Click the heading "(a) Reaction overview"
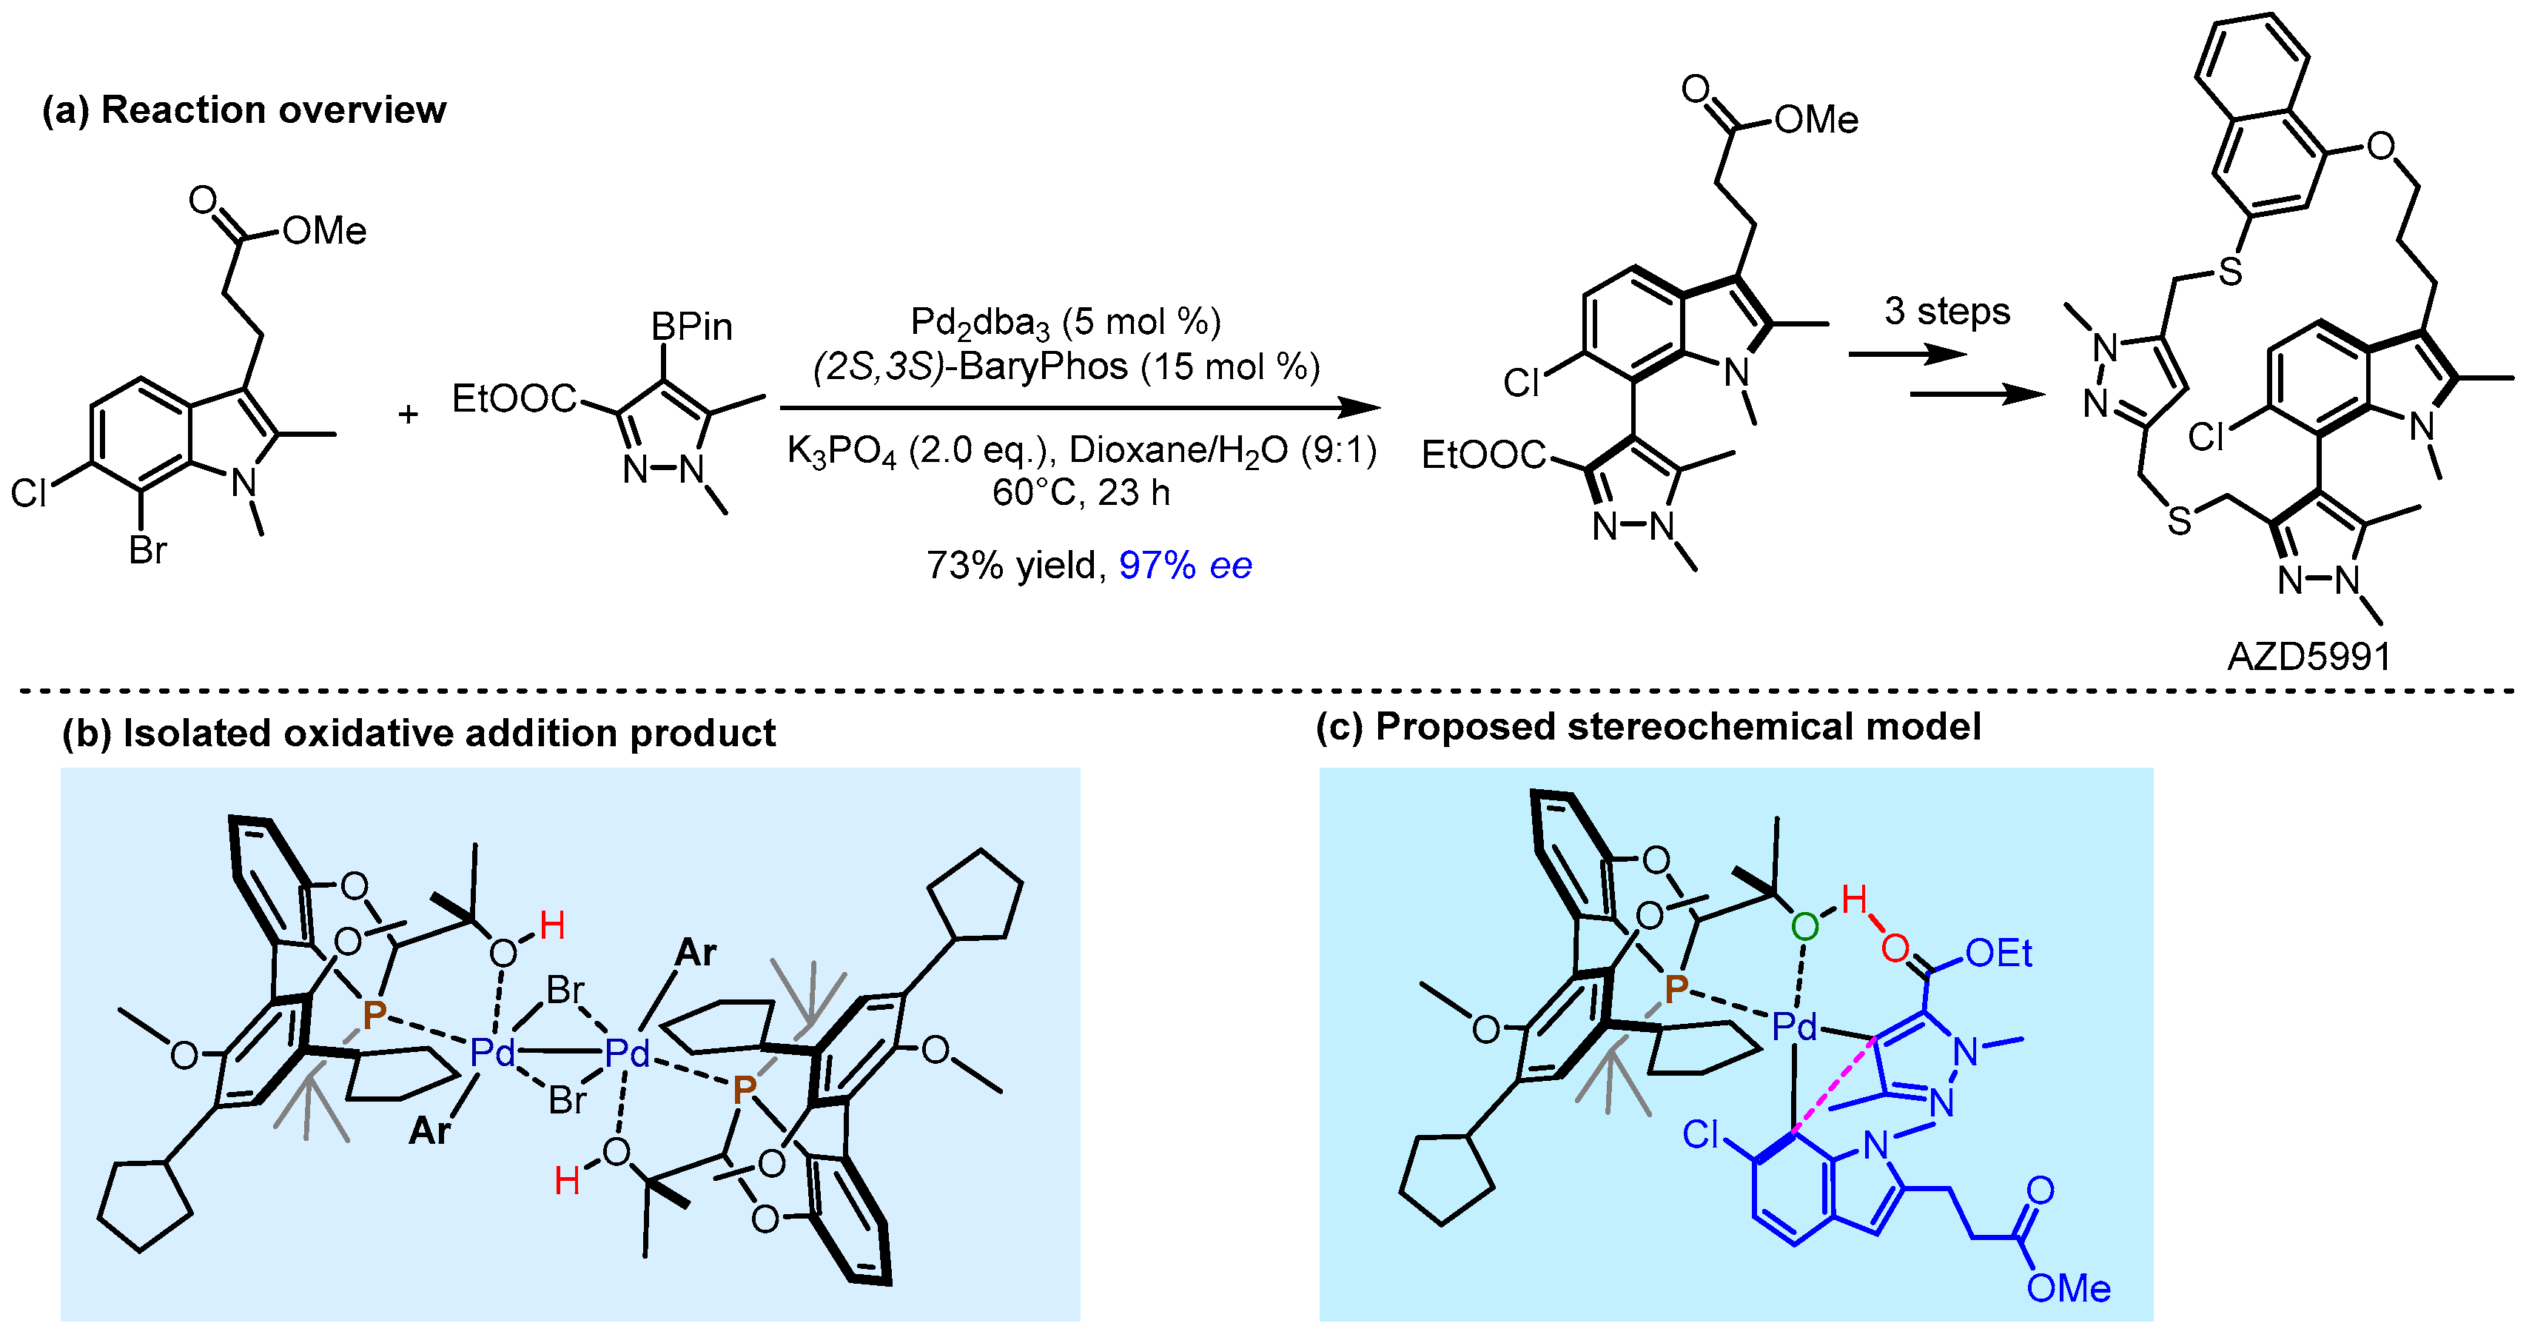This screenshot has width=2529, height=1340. [x=244, y=110]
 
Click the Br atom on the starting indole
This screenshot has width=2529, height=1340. [x=148, y=551]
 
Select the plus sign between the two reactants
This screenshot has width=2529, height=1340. [x=407, y=415]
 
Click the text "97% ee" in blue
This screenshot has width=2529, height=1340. [x=1185, y=566]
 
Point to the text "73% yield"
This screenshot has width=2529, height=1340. [x=1011, y=566]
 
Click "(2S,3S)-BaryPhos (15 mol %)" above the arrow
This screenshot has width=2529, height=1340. [x=1067, y=366]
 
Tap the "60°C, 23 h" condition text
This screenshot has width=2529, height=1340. [x=1080, y=492]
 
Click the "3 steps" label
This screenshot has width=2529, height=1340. [x=1947, y=311]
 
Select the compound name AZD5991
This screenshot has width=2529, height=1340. [x=2309, y=656]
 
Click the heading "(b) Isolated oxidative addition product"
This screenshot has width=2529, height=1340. [x=418, y=734]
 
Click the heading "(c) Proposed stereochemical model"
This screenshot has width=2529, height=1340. [x=1648, y=726]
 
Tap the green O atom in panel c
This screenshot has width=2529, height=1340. [x=1804, y=925]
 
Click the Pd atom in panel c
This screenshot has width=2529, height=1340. [x=1795, y=1027]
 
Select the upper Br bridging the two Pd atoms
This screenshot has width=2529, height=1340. [x=565, y=990]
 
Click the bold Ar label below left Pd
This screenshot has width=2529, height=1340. [x=429, y=1131]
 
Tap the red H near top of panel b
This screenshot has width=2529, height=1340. [x=551, y=925]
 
